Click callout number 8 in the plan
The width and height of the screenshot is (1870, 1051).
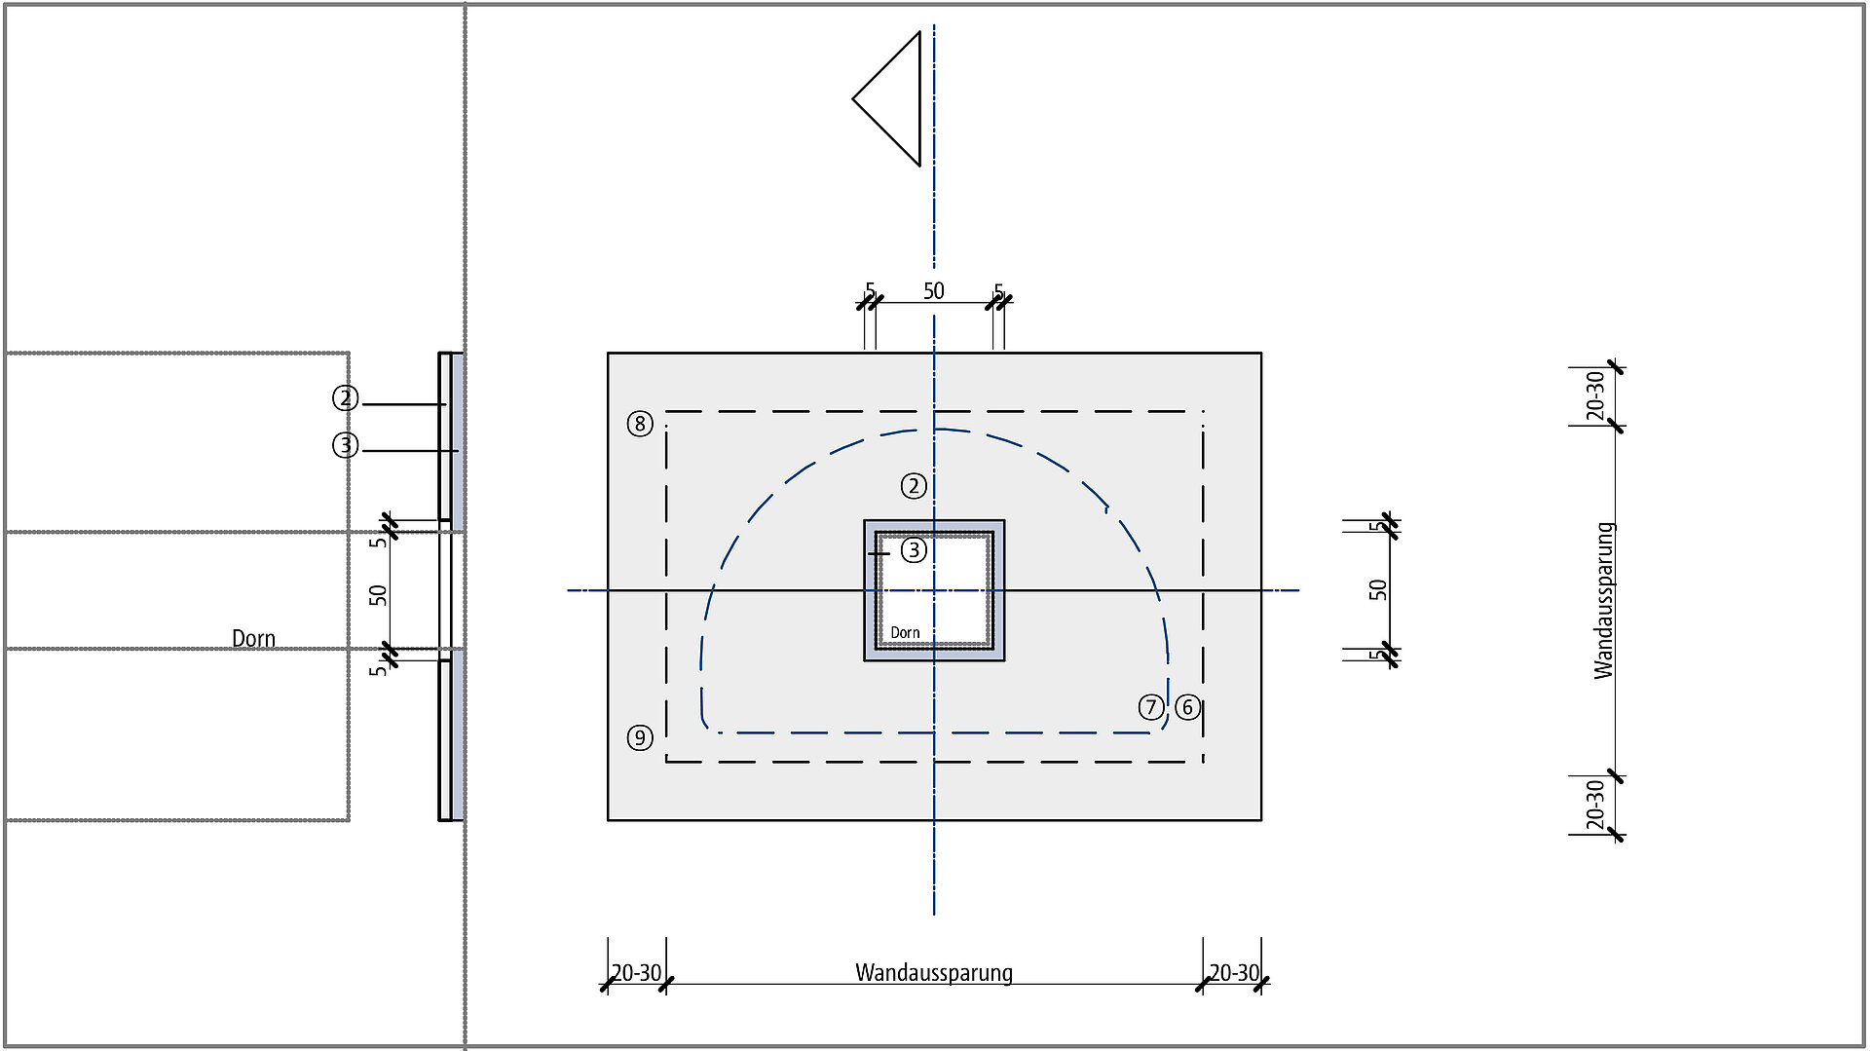[640, 424]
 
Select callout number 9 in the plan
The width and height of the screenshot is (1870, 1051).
[640, 737]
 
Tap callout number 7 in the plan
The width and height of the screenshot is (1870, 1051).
[1151, 707]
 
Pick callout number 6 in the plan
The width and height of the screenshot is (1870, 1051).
[1187, 707]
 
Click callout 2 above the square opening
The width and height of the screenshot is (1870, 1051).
[914, 486]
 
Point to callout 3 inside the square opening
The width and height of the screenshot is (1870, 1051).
[914, 550]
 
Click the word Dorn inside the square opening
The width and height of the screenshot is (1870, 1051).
[905, 633]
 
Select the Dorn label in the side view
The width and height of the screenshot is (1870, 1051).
[253, 639]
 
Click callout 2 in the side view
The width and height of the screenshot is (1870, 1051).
[346, 398]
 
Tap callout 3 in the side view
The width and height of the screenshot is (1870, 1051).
[346, 445]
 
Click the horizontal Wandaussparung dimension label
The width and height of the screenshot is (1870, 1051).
[934, 972]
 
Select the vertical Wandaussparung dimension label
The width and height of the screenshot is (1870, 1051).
[1604, 600]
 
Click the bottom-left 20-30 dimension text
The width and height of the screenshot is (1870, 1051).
[636, 972]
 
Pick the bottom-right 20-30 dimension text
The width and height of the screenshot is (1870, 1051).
[1234, 972]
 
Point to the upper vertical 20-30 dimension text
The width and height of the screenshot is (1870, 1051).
[1594, 395]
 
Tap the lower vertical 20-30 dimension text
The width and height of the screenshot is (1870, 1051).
[1594, 805]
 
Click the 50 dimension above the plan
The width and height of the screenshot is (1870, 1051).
[934, 291]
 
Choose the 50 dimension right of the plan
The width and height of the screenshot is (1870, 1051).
[1377, 589]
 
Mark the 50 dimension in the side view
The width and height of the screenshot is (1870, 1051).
[378, 594]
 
